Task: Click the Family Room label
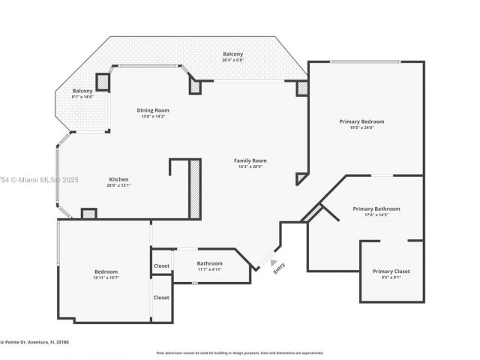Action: click(250, 160)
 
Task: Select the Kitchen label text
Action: click(119, 179)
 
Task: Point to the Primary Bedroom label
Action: click(361, 121)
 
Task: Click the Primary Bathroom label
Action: click(376, 209)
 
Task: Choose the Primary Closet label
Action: click(391, 271)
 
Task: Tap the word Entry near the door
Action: click(279, 266)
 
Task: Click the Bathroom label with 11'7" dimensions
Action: click(209, 263)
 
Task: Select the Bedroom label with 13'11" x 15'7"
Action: click(106, 271)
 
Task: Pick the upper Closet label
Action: click(161, 265)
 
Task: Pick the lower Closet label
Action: click(161, 298)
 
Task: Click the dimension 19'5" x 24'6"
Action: click(361, 127)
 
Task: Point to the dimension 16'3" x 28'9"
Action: click(250, 166)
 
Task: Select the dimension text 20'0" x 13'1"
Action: click(119, 185)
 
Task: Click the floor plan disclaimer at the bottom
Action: click(239, 352)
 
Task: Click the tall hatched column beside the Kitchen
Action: click(194, 188)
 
